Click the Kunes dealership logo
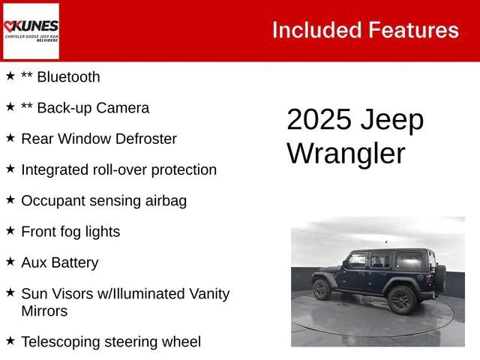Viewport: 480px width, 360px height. coord(31,31)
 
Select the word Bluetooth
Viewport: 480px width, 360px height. coord(68,76)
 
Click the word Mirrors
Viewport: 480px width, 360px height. coord(44,310)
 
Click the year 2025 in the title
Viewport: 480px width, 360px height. coord(318,121)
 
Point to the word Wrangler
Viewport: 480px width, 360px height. coord(346,153)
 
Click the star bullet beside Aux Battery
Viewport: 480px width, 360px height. coord(10,262)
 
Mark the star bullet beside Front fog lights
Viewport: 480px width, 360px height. coord(10,231)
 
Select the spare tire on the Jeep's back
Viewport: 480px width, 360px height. coord(440,276)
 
